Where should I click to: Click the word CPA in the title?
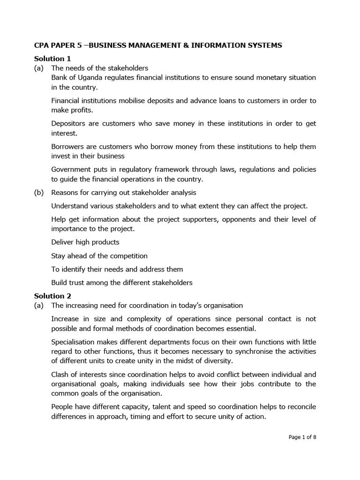(x=42, y=45)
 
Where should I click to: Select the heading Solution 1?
(x=52, y=59)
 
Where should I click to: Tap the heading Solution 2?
(x=52, y=296)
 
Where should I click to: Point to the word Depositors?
(x=69, y=123)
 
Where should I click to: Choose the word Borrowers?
(x=68, y=147)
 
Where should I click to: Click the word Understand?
(x=70, y=206)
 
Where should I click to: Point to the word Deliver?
(x=63, y=242)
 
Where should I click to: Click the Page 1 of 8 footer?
(x=302, y=437)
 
